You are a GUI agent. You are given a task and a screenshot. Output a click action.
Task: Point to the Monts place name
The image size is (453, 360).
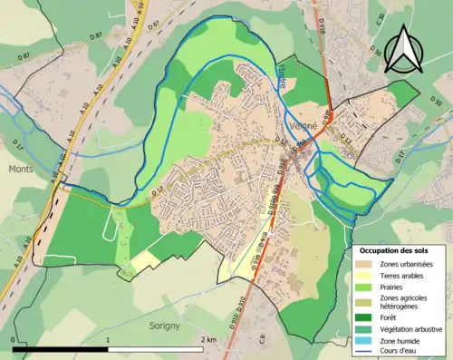pyautogui.click(x=20, y=169)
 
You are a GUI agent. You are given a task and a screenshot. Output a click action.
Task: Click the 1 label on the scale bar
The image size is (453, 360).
pyautogui.click(x=110, y=339)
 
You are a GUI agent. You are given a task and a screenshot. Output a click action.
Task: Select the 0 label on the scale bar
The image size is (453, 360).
pyautogui.click(x=14, y=339)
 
